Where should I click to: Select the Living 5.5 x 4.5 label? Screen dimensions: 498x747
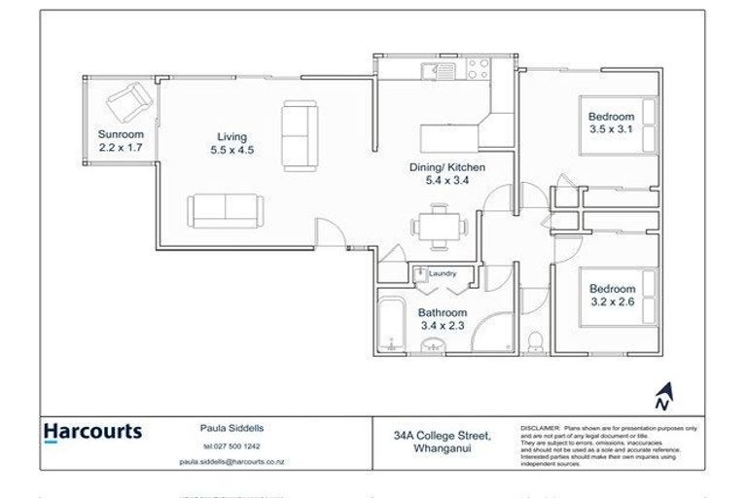pyautogui.click(x=231, y=143)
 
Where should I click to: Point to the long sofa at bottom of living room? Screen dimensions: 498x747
pyautogui.click(x=225, y=207)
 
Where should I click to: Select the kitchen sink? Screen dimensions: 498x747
pyautogui.click(x=433, y=69)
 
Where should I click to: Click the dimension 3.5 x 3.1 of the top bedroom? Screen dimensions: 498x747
pyautogui.click(x=612, y=127)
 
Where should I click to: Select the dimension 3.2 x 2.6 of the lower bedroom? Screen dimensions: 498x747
pyautogui.click(x=612, y=302)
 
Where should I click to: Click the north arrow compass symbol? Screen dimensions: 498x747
pyautogui.click(x=662, y=397)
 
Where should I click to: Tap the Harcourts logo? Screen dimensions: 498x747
pyautogui.click(x=92, y=432)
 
